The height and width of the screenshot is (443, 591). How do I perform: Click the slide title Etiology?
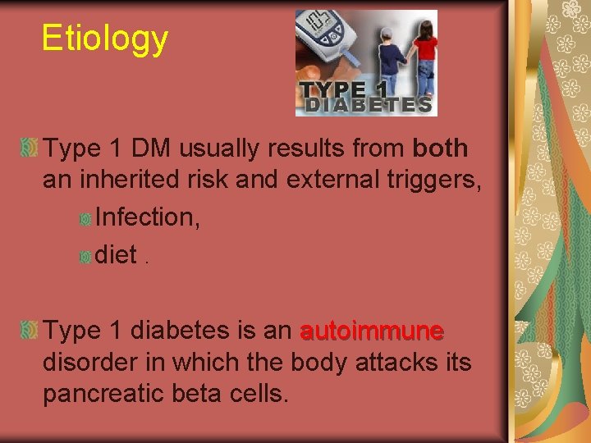point(105,38)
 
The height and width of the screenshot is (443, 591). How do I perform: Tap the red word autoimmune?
point(372,331)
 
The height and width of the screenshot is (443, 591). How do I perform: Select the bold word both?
point(441,148)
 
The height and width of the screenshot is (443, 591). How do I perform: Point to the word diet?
point(116,255)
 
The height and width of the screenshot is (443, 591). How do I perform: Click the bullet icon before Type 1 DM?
point(30,149)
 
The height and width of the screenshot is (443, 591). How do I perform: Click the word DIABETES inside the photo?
point(366,105)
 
